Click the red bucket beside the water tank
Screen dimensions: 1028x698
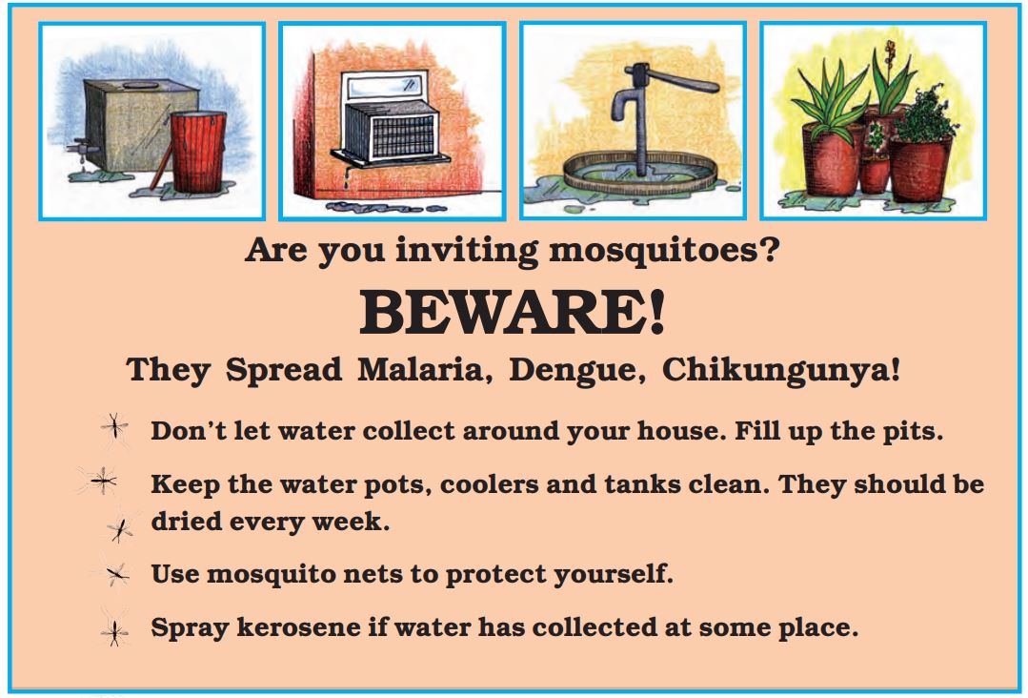[x=198, y=152]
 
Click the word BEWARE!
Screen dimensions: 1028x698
[x=512, y=312]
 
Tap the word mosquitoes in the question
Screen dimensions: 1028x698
[x=663, y=251]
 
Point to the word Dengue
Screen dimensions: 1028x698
[x=576, y=371]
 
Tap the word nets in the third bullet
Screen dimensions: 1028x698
[x=373, y=574]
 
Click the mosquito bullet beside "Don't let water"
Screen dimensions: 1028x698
[x=114, y=427]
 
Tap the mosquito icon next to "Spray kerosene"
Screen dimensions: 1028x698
[x=114, y=632]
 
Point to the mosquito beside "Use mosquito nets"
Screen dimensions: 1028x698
[x=116, y=575]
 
